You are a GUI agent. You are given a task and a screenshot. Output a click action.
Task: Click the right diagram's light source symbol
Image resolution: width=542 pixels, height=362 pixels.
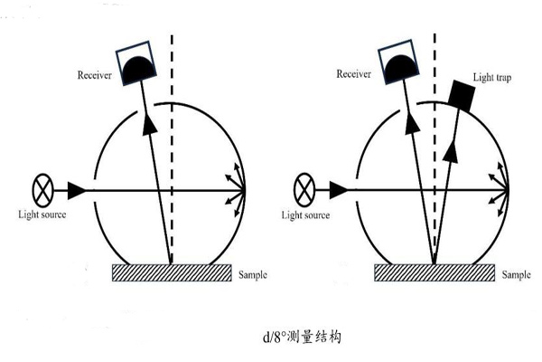[304, 191]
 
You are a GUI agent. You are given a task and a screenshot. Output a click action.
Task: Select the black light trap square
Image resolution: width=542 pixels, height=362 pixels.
[462, 93]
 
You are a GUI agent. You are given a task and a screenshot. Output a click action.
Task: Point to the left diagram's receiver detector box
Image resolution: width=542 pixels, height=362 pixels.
[136, 62]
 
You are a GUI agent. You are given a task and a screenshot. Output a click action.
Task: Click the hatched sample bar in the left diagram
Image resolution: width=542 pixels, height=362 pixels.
[171, 272]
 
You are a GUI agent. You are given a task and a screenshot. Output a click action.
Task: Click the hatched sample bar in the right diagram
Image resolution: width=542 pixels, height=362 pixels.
[434, 272]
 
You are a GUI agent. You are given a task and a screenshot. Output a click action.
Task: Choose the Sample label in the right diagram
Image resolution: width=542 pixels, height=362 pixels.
[516, 274]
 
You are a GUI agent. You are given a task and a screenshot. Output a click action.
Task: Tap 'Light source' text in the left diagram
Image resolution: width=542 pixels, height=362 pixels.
[42, 214]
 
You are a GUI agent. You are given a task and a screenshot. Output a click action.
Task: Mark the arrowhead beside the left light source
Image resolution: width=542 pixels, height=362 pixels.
[77, 190]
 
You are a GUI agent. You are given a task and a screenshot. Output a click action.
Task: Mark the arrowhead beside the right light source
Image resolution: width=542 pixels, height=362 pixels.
[339, 190]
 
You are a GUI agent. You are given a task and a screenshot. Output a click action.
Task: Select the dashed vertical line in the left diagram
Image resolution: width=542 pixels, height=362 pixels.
[172, 136]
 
